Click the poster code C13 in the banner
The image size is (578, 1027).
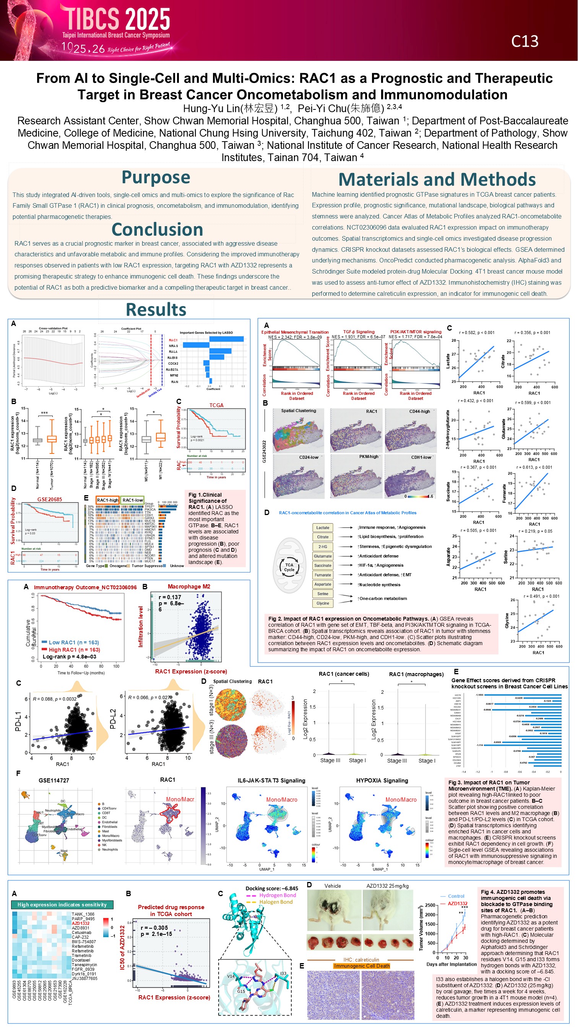(524, 41)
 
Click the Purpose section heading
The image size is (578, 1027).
(156, 177)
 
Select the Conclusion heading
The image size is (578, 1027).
(157, 230)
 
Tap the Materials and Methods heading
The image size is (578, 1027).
(437, 179)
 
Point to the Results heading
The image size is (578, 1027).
(156, 310)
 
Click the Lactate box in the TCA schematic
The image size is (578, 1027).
(322, 527)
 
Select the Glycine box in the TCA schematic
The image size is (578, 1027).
(322, 603)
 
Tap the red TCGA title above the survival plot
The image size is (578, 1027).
(216, 405)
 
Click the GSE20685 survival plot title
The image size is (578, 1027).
(49, 499)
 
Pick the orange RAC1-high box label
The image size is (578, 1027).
(107, 500)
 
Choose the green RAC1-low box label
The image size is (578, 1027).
(133, 500)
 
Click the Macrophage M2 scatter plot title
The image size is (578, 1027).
(189, 587)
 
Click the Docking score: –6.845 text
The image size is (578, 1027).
(271, 888)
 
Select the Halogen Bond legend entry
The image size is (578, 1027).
(276, 902)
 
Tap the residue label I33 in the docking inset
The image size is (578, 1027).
(283, 973)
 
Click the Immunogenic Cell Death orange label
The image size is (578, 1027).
(362, 966)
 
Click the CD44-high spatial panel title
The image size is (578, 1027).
(419, 411)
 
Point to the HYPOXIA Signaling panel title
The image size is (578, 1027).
(382, 781)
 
